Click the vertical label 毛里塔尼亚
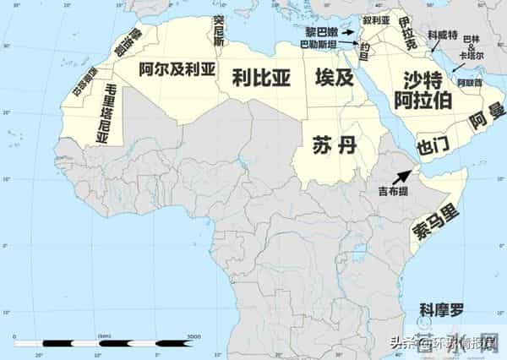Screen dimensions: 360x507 [x=107, y=114]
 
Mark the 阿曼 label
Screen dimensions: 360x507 [x=481, y=120]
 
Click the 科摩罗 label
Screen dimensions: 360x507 [x=442, y=308]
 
